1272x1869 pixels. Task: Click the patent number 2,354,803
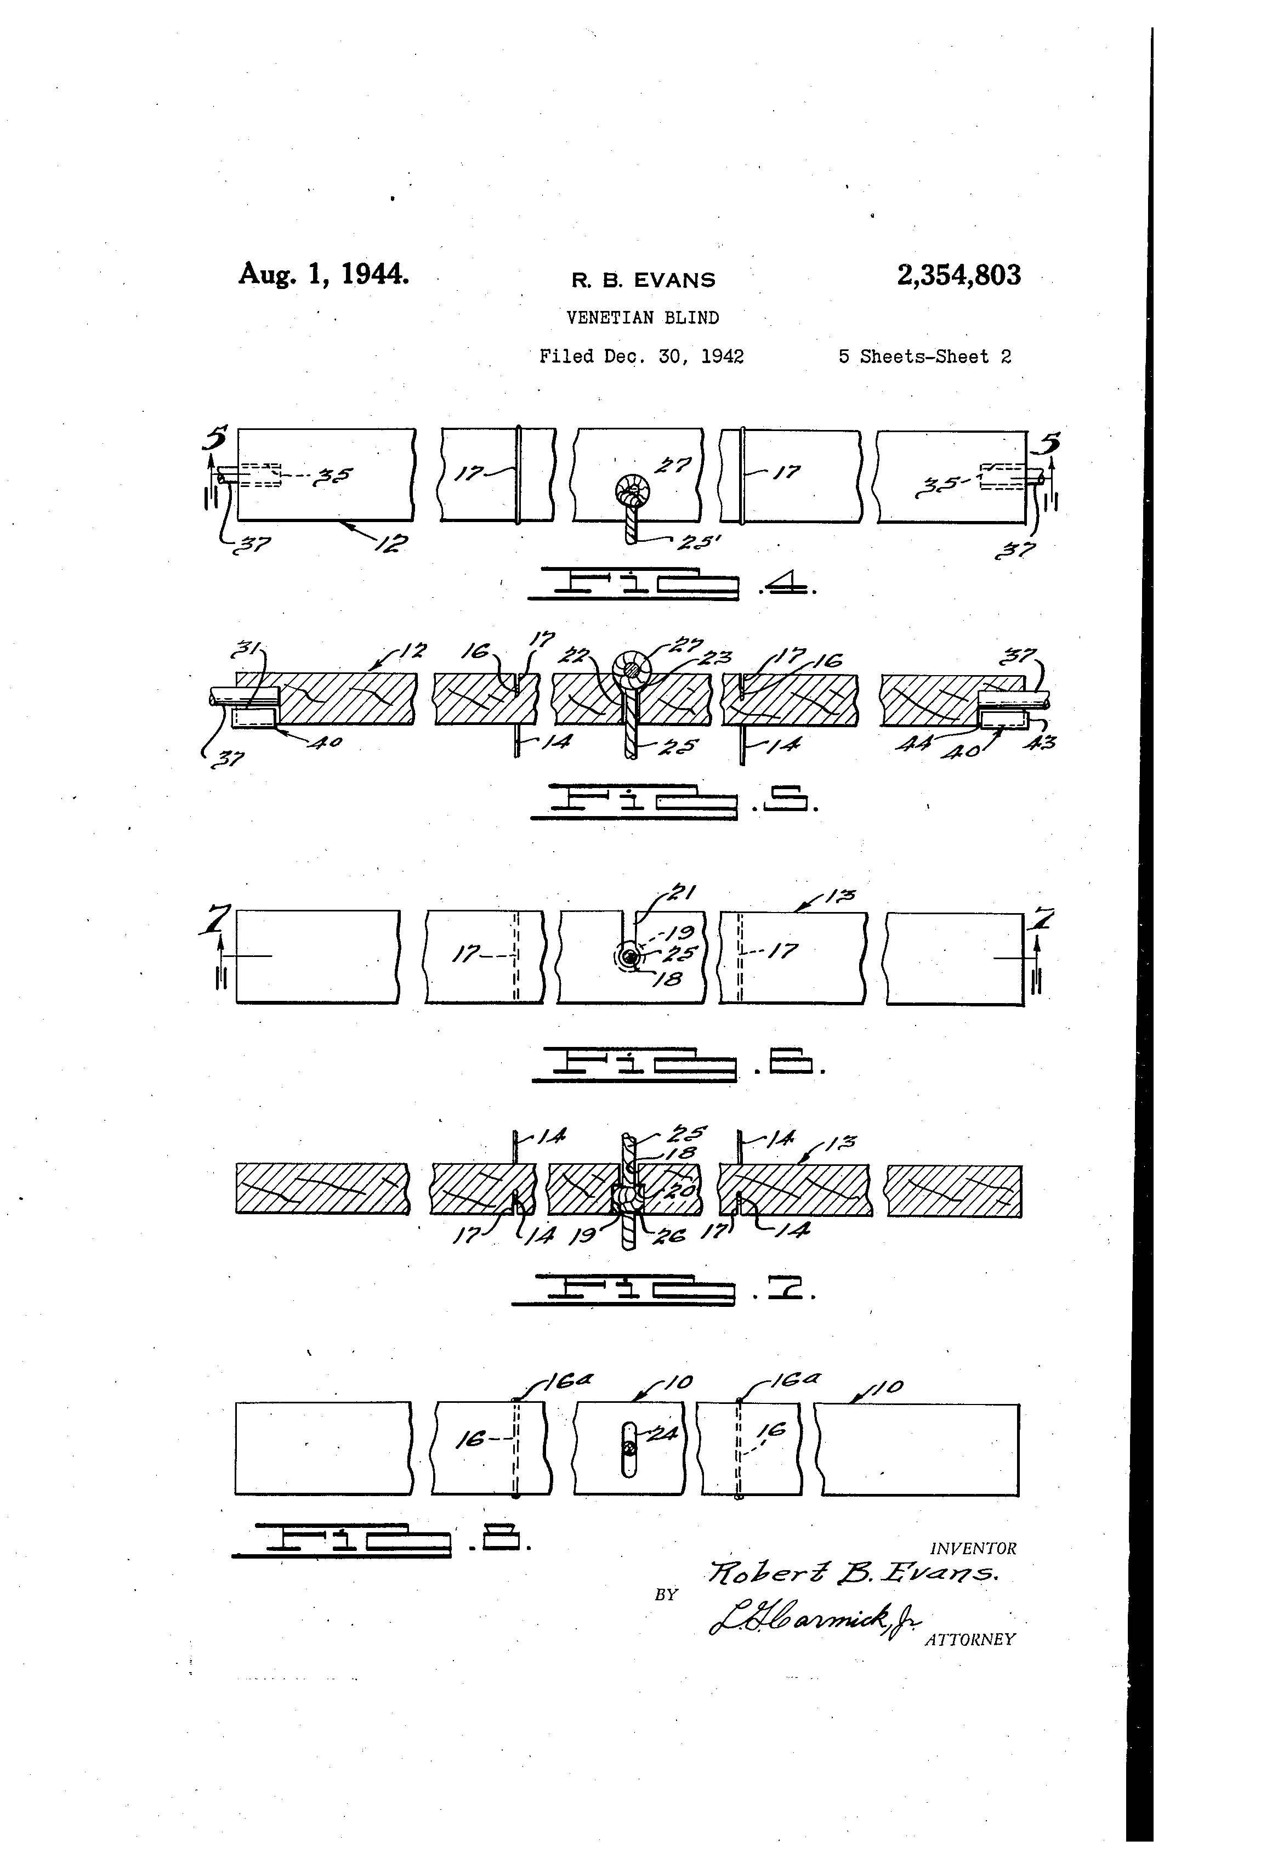[x=958, y=275]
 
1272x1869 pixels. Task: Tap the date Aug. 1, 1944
[x=323, y=274]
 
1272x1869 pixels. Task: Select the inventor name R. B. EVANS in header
[x=643, y=280]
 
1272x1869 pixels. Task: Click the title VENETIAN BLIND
[x=643, y=318]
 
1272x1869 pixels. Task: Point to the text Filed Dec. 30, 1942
[x=641, y=356]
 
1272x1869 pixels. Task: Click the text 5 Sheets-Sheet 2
[x=924, y=356]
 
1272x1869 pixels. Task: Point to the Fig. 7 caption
[x=664, y=1290]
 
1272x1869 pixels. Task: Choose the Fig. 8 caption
[x=381, y=1541]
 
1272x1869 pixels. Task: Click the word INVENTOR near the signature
[x=972, y=1548]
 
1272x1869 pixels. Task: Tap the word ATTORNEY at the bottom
[x=970, y=1639]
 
